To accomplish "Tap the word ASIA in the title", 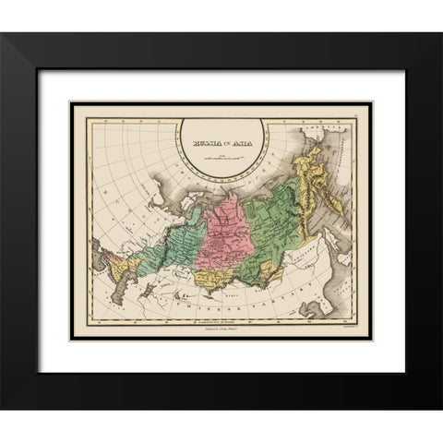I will tap(245, 144).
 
